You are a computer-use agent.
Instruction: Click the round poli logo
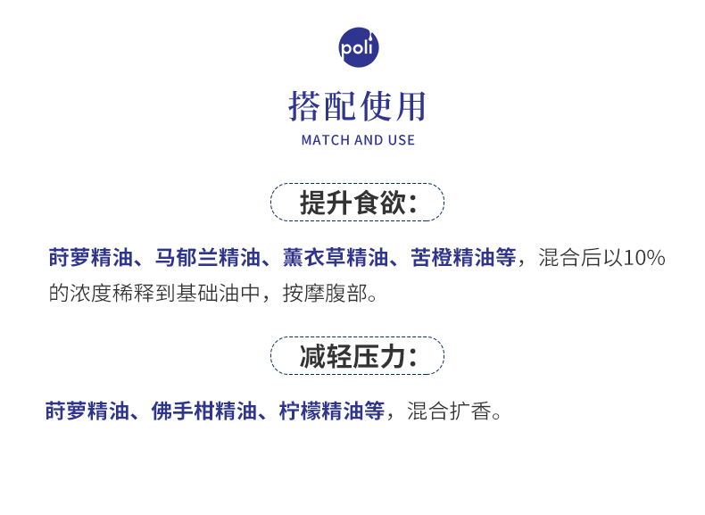click(359, 47)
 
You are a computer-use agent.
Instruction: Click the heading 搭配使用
click(358, 106)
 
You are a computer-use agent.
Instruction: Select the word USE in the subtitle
click(401, 140)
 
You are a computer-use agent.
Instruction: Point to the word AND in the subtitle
click(369, 140)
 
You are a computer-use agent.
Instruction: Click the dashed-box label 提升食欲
click(357, 203)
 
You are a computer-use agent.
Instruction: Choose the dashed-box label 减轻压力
click(357, 356)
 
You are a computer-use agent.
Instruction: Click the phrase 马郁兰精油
click(198, 259)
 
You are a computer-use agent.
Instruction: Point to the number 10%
click(643, 259)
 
